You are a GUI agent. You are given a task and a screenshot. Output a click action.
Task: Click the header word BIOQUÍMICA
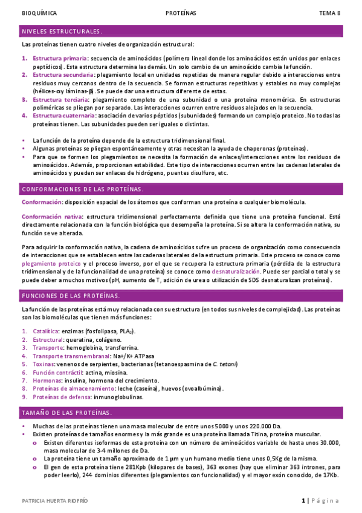[39, 13]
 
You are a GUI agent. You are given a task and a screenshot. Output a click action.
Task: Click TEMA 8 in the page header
[330, 13]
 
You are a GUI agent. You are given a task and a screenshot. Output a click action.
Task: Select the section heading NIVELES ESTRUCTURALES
[62, 31]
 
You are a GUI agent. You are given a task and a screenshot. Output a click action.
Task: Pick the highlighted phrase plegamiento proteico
[51, 264]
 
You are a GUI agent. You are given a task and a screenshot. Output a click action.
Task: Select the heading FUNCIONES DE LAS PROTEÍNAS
[71, 296]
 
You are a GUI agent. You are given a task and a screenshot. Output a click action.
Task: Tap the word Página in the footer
[326, 501]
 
